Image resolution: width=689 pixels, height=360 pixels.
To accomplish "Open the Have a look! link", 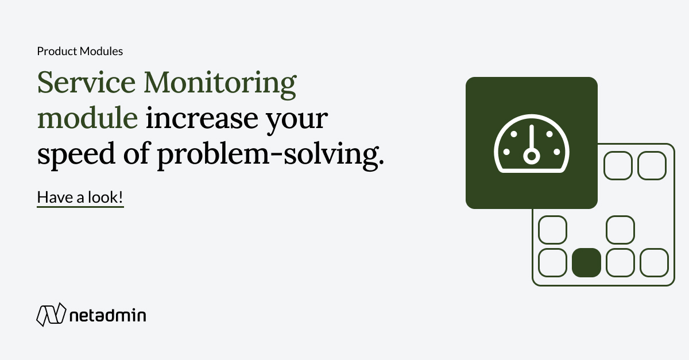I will (80, 198).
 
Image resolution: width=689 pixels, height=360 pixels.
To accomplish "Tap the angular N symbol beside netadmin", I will (49, 314).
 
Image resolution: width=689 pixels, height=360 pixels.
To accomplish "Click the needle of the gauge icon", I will (532, 138).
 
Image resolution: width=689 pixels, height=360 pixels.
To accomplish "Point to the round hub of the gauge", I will (532, 155).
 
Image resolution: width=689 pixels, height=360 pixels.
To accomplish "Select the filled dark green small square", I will (586, 262).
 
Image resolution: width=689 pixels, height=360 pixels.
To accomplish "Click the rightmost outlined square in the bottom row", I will (654, 262).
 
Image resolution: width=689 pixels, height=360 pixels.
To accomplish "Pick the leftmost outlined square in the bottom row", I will (552, 262).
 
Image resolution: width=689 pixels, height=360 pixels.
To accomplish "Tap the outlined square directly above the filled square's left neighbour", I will (552, 230).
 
